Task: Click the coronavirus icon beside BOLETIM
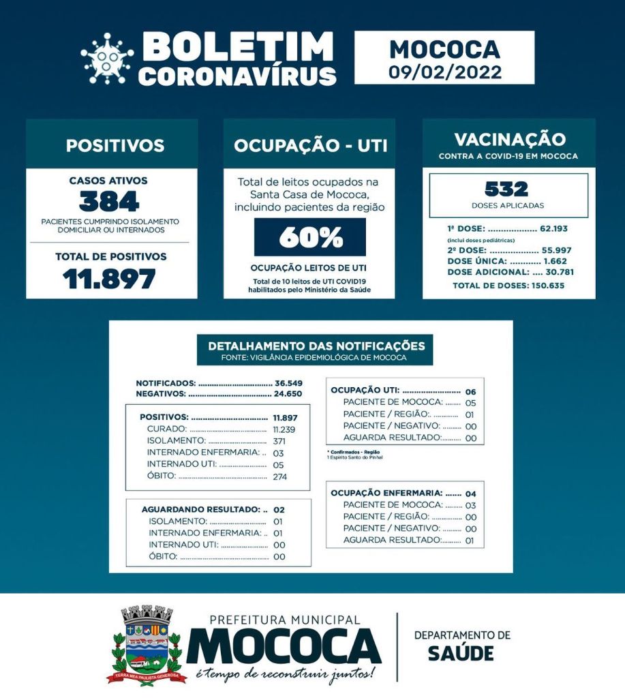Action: [x=107, y=59]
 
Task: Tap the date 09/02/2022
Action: [x=444, y=72]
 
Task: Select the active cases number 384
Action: [x=109, y=202]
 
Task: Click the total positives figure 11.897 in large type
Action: [x=109, y=278]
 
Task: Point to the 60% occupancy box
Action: [x=309, y=237]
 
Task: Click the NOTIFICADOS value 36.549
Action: [x=288, y=383]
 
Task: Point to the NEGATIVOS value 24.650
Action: [x=288, y=393]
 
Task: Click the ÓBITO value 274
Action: [x=280, y=476]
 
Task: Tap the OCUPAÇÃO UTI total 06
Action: [x=470, y=391]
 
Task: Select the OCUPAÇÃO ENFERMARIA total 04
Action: [x=470, y=493]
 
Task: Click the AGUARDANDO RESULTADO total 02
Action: [x=278, y=510]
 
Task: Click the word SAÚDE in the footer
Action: [x=461, y=653]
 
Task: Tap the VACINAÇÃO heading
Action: [x=509, y=140]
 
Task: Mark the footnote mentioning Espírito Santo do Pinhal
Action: [x=354, y=457]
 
